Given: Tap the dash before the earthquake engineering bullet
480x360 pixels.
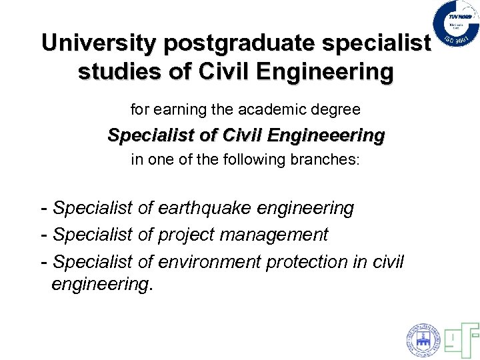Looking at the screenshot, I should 44,209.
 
